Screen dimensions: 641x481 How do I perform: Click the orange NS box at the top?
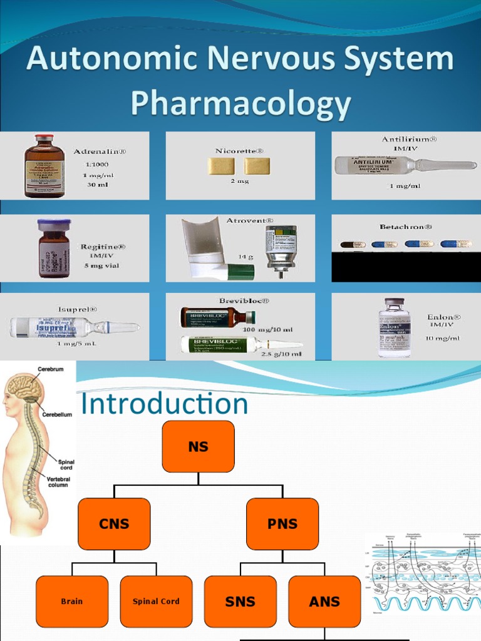coord(198,446)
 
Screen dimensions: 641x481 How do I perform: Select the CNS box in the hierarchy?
coord(114,524)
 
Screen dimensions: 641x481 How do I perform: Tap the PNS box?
coord(282,524)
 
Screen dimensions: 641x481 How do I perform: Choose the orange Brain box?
coord(72,602)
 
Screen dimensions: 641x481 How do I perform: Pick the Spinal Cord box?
coord(156,602)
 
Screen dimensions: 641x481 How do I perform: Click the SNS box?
coord(240,602)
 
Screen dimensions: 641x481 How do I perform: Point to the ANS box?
coord(324,602)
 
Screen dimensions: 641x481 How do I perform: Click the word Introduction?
coord(165,404)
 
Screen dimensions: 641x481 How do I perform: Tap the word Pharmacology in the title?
coord(240,104)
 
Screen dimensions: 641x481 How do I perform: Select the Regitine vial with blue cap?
coord(53,249)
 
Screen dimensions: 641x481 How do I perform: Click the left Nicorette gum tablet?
coord(221,166)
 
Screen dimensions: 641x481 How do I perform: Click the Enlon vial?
coord(395,327)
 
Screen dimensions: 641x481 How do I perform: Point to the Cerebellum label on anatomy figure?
coord(57,414)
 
